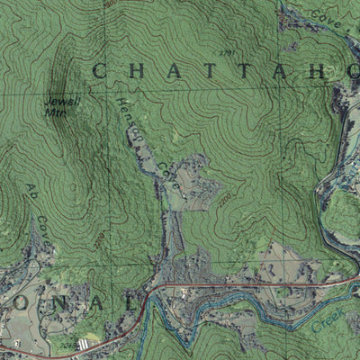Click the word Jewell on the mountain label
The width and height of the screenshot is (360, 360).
62,102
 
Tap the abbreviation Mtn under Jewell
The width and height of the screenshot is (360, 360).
61,112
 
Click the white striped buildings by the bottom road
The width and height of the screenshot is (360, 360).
85,343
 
